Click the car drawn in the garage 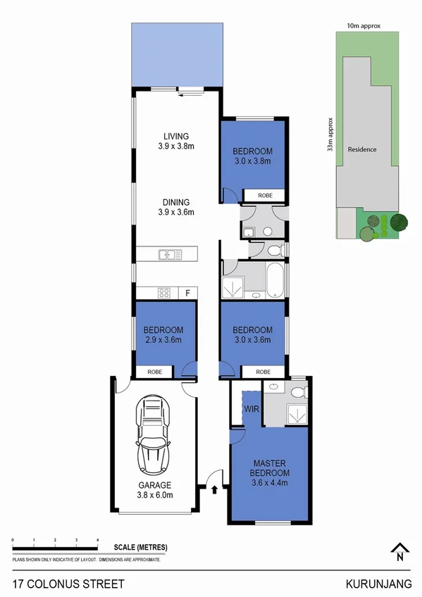153,434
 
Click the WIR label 251,409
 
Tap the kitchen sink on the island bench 168,254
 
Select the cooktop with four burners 164,293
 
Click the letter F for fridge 187,293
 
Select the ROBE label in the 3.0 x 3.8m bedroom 263,195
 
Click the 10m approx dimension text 364,25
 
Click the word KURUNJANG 378,584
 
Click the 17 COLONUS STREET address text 69,584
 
